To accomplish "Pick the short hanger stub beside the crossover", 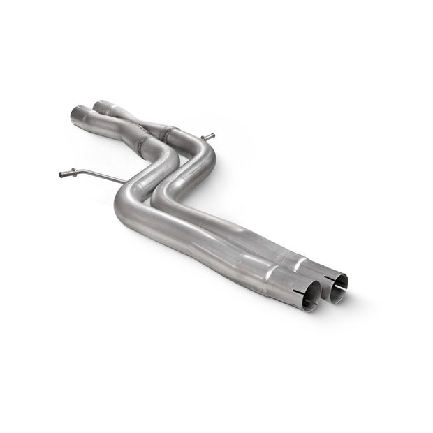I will coord(208,136).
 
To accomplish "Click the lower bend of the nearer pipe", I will coord(126,210).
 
